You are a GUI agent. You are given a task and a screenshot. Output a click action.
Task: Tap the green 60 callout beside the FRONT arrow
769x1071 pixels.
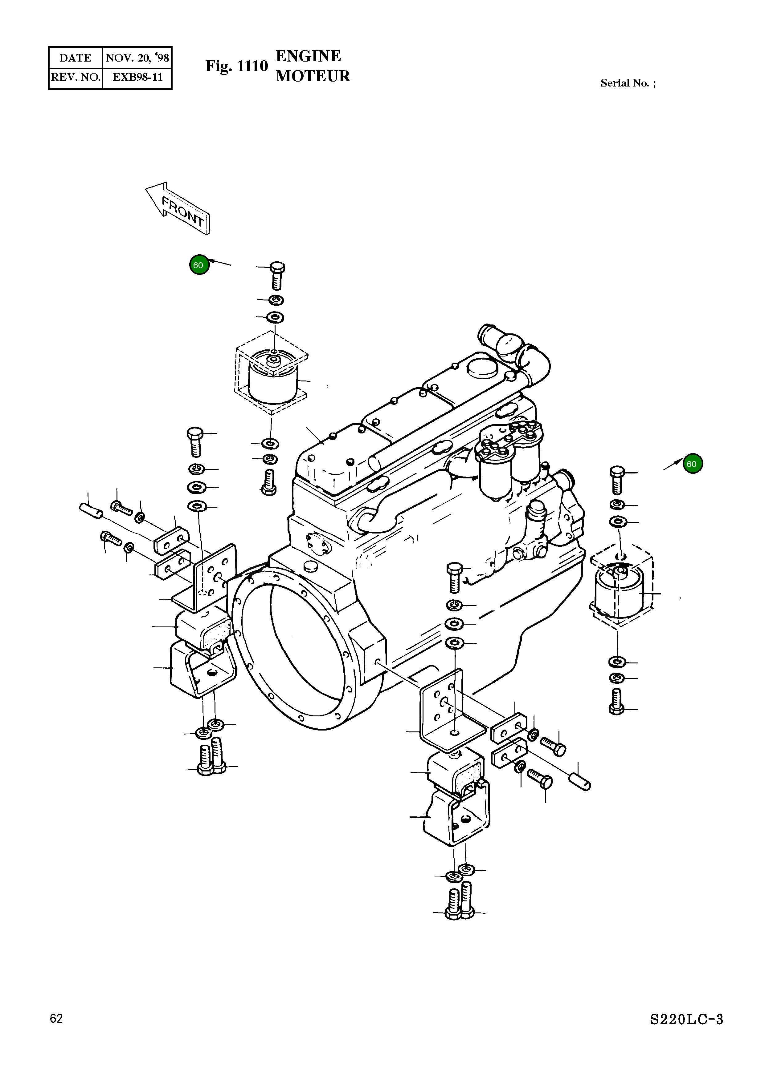(x=198, y=265)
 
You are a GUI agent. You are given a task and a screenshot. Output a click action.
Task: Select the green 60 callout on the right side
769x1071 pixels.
(x=692, y=464)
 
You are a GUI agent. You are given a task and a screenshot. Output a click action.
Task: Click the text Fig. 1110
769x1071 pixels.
(x=236, y=66)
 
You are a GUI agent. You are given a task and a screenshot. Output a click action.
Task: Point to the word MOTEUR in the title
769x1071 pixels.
(x=313, y=76)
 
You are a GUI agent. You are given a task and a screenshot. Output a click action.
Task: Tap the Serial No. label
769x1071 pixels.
(x=627, y=83)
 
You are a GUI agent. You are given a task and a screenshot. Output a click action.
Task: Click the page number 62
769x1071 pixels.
(x=56, y=1019)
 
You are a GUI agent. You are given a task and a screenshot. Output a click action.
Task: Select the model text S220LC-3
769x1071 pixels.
(x=686, y=1020)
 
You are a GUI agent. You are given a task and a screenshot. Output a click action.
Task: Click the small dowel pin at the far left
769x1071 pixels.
(x=90, y=510)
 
